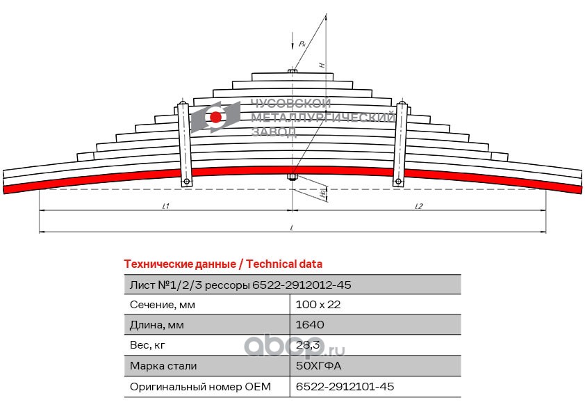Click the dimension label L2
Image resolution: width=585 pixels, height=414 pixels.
pyautogui.click(x=419, y=206)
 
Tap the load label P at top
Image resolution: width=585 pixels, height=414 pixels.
pyautogui.click(x=302, y=44)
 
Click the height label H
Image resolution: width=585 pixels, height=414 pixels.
pyautogui.click(x=322, y=65)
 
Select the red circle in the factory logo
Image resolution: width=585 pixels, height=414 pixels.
pyautogui.click(x=216, y=117)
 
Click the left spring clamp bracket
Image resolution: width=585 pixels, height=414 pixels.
pyautogui.click(x=184, y=144)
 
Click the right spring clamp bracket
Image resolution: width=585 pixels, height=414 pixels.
pyautogui.click(x=399, y=144)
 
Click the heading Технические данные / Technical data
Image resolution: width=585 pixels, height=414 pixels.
pyautogui.click(x=223, y=264)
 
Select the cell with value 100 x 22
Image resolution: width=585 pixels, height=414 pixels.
pyautogui.click(x=318, y=305)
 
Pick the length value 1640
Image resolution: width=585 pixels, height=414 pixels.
pyautogui.click(x=310, y=325)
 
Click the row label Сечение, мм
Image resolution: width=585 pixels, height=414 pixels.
pyautogui.click(x=163, y=305)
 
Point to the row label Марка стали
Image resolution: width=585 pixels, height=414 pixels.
pyautogui.click(x=163, y=365)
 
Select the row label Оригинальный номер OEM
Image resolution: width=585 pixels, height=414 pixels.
pyautogui.click(x=200, y=386)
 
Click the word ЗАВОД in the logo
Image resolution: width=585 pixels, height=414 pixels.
pyautogui.click(x=274, y=132)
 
